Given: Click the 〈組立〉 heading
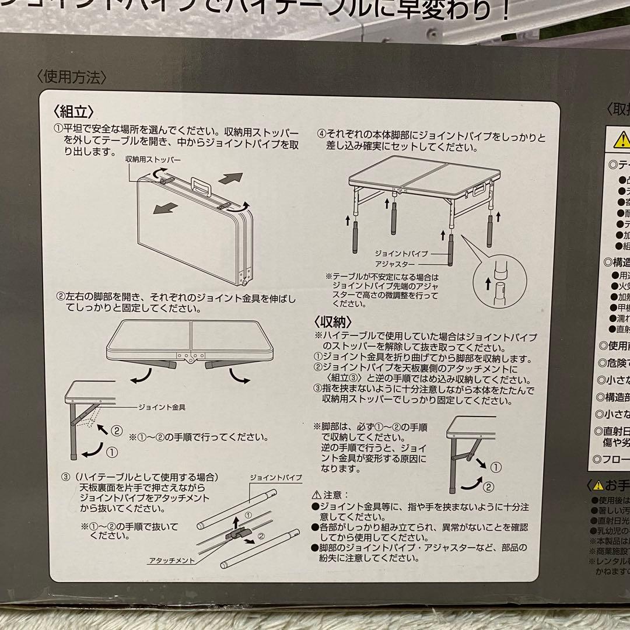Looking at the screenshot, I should [73, 111].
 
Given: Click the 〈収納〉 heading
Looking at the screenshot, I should [332, 321].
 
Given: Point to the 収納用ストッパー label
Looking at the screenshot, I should [153, 159].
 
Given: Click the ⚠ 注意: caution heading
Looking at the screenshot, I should [331, 494].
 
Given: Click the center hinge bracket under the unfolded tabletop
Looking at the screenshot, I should [188, 357].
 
